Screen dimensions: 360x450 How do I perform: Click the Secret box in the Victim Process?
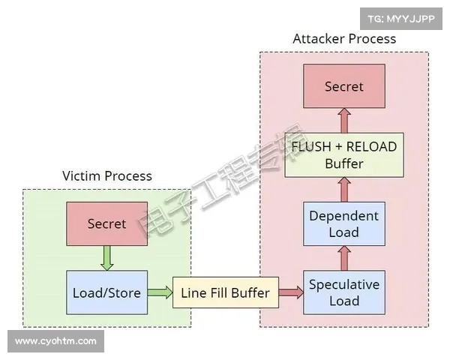coord(106,223)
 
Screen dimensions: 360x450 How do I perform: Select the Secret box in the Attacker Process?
coord(343,86)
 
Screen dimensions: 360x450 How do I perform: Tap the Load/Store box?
coord(106,292)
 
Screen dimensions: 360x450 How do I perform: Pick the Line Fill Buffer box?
coord(225,292)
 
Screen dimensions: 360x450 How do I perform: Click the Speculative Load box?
coord(343,292)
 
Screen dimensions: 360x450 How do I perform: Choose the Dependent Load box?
coord(343,223)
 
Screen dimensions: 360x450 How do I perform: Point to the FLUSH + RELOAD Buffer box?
coord(343,154)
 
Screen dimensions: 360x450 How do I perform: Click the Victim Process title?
coord(106,176)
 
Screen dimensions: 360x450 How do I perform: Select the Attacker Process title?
coord(343,38)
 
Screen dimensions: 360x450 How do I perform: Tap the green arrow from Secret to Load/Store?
coord(106,258)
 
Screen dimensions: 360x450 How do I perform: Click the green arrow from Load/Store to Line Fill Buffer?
coord(160,292)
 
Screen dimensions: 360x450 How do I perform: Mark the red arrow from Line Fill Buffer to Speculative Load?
coord(291,292)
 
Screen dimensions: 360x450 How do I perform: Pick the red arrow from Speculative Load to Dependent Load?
coord(343,258)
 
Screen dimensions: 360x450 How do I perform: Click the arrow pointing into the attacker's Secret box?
coord(343,120)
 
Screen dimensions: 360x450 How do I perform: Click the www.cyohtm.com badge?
coord(56,341)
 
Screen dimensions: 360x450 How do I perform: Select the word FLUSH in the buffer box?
coord(310,146)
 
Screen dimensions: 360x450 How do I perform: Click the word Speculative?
coord(343,284)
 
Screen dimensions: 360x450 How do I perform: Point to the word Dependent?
coord(343,215)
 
